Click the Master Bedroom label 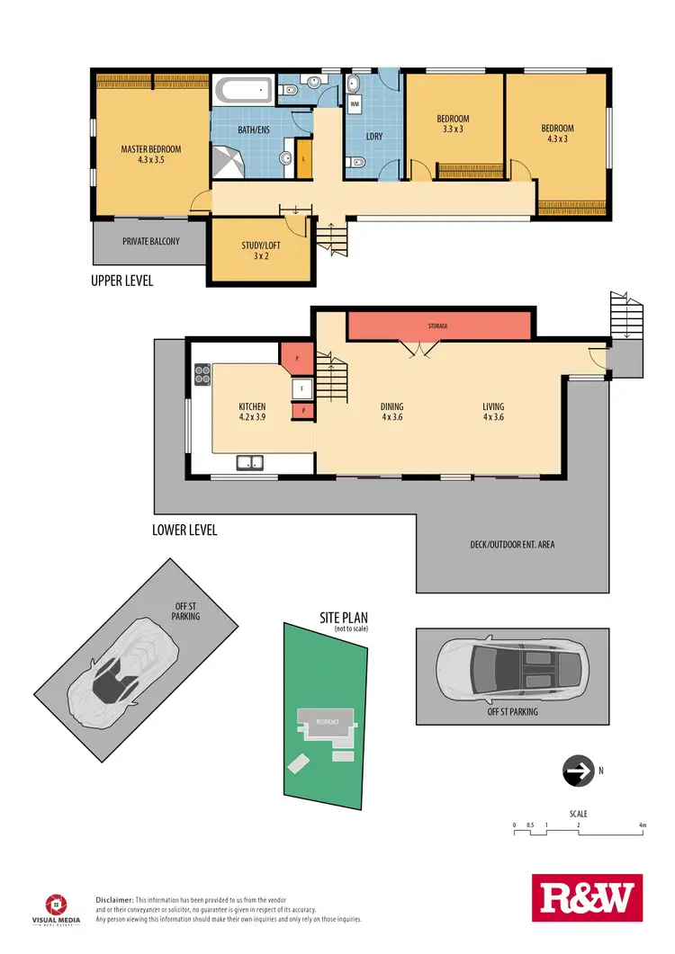151,155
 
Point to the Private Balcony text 151,241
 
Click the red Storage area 437,325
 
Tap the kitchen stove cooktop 202,373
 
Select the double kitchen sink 249,463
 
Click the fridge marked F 303,390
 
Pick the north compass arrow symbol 576,771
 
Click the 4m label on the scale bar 642,825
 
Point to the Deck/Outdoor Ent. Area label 513,545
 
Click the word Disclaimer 114,899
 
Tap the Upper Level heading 122,281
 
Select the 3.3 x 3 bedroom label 453,124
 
